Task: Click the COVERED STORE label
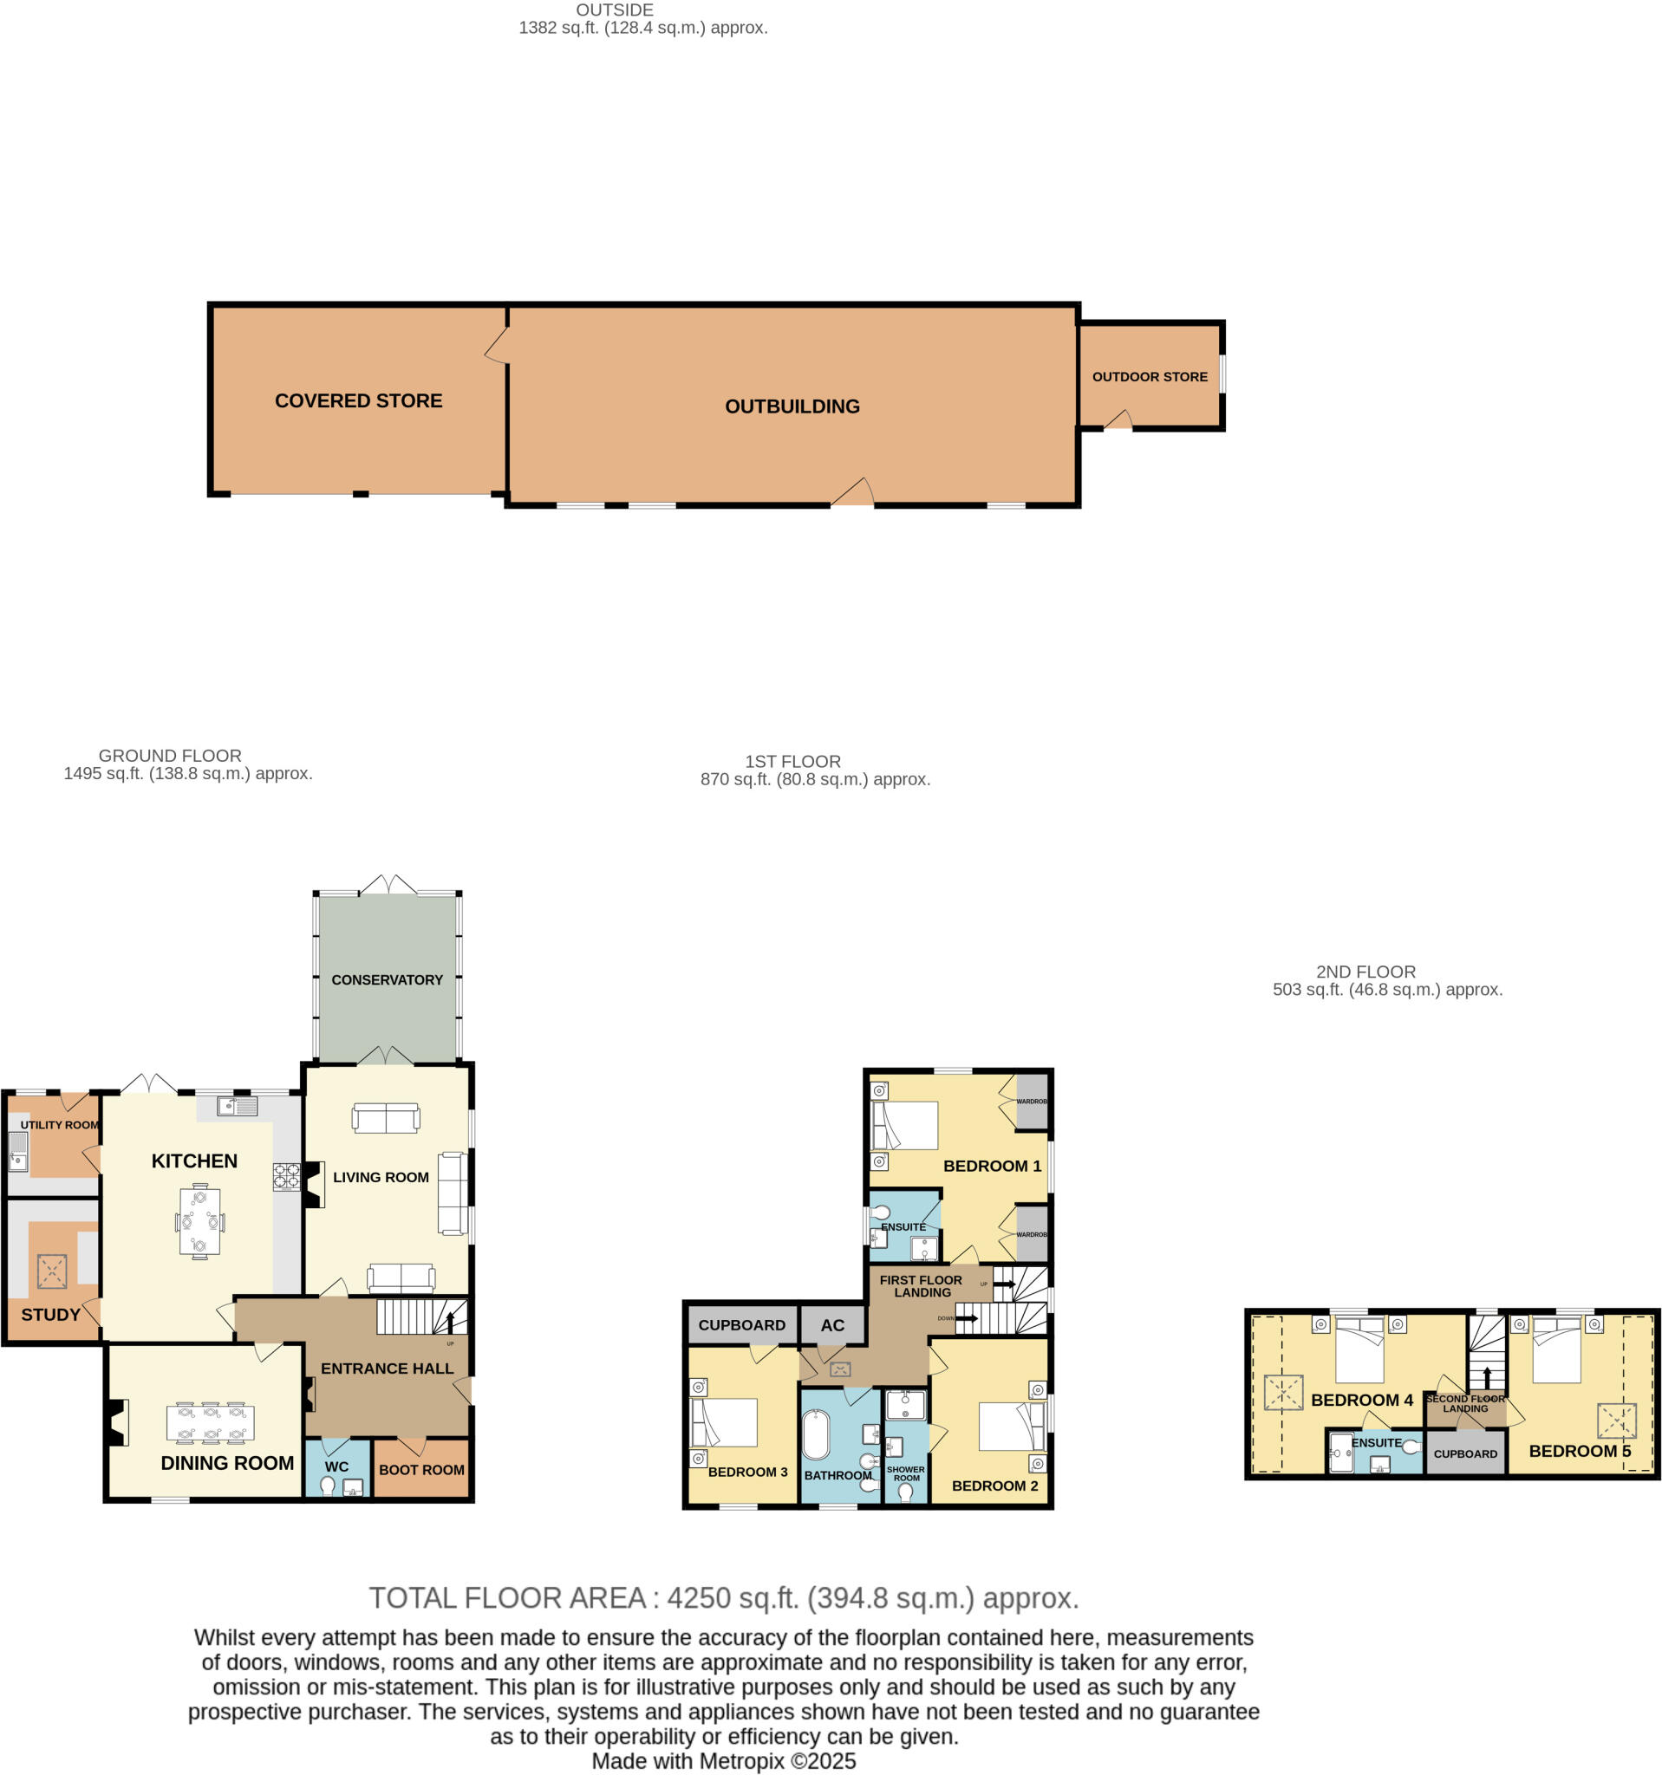[x=358, y=401]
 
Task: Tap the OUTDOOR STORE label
[x=1150, y=377]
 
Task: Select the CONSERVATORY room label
[x=387, y=979]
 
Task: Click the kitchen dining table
[x=199, y=1221]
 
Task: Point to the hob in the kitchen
[x=286, y=1176]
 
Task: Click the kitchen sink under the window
[x=237, y=1107]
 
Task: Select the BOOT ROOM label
[x=421, y=1470]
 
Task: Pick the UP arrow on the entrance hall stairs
[x=450, y=1321]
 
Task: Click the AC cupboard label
[x=832, y=1326]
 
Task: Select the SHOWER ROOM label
[x=906, y=1473]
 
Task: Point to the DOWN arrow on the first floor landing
[x=967, y=1318]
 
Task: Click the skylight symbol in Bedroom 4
[x=1283, y=1393]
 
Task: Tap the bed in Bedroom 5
[x=1556, y=1351]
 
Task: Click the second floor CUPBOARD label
[x=1465, y=1453]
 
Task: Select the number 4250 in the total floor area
[x=700, y=1597]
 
